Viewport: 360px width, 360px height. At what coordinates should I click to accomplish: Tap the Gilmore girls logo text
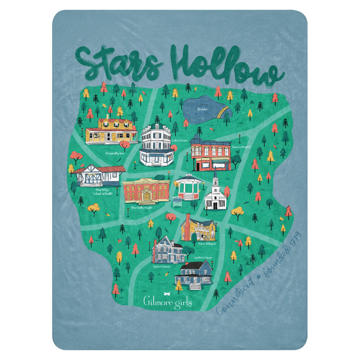167,302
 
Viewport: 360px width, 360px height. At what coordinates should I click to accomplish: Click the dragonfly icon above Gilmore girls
167,292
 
